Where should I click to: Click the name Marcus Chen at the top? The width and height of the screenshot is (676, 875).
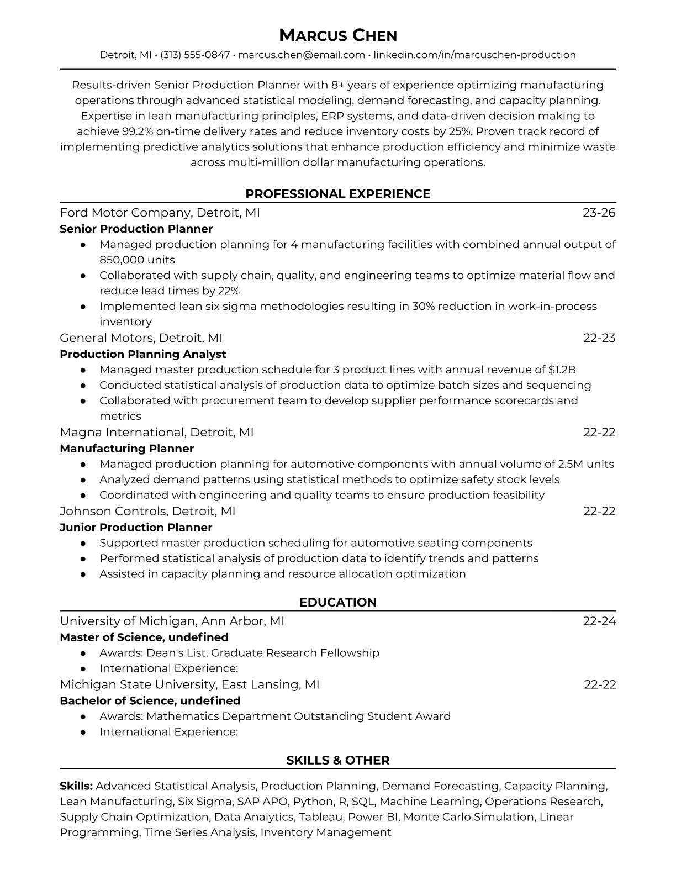pos(337,35)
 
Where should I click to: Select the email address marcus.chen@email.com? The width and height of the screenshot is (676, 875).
pos(302,55)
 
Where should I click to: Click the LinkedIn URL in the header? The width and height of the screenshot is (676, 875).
pos(474,55)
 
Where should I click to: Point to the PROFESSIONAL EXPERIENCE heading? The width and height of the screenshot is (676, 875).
pos(337,194)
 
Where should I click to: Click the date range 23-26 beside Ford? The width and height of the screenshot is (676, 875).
pos(599,213)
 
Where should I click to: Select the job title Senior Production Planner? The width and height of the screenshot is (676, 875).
pos(136,229)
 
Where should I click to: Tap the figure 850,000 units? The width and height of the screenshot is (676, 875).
pos(137,260)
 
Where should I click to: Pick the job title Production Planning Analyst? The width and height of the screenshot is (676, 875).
pos(142,354)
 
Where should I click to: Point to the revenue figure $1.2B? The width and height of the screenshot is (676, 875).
pos(562,370)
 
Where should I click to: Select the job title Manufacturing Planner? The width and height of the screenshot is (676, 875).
pos(126,449)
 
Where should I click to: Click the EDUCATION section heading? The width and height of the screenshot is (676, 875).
pos(337,602)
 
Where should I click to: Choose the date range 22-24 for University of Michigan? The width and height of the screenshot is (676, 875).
pos(599,621)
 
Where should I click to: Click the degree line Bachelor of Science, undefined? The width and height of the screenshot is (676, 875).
pos(150,700)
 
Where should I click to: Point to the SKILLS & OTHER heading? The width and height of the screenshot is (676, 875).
pos(337,760)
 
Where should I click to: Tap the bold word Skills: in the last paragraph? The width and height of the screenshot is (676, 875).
pos(76,786)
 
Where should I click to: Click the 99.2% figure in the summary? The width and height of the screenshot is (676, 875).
pos(137,131)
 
